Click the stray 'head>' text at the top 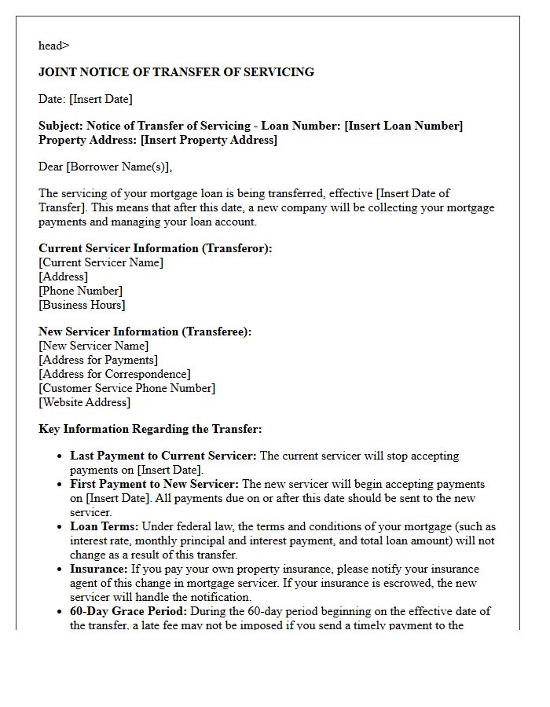53,46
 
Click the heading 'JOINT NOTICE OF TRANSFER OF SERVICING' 176,72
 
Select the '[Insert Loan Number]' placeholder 403,126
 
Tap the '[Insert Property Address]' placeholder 208,140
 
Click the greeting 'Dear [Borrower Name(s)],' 105,167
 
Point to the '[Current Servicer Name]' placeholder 101,262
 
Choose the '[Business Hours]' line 82,305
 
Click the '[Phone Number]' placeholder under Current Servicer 80,291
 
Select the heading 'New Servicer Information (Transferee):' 145,332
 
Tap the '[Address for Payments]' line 98,360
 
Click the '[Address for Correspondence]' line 114,374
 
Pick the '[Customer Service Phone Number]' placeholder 126,388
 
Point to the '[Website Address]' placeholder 84,402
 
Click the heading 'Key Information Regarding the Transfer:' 150,429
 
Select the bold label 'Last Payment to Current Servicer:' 163,456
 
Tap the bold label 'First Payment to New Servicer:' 155,484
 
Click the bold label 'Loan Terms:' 104,526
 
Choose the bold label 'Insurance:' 99,569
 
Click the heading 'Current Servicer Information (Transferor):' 156,248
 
